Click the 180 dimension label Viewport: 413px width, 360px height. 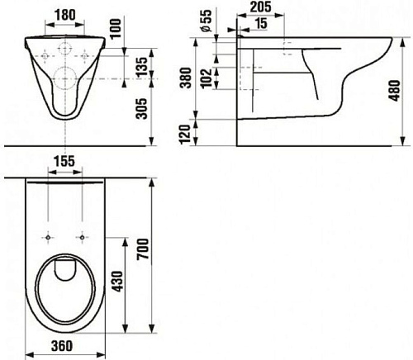click(64, 15)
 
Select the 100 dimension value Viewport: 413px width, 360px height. click(116, 28)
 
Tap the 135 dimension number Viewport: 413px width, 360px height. click(142, 67)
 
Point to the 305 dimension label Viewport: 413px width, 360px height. click(142, 108)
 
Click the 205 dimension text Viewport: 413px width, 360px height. click(260, 7)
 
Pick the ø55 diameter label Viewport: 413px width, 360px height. click(206, 21)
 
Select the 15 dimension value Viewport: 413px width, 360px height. click(260, 23)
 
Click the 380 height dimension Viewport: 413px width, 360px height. click(186, 78)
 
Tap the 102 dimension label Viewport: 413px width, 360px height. click(206, 78)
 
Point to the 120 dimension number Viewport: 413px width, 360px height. click(185, 135)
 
